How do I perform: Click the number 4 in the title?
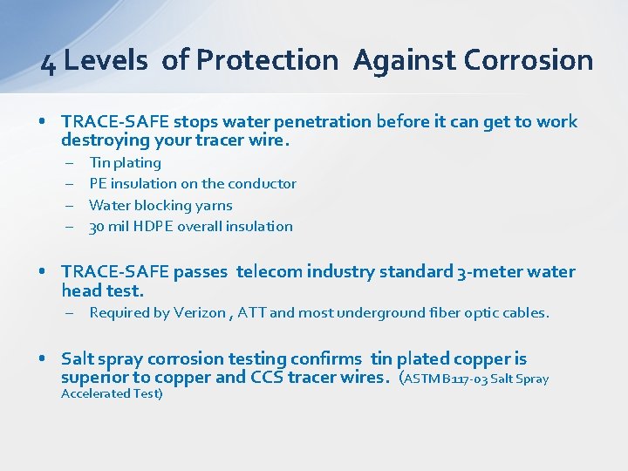[49, 62]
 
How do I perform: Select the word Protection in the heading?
[267, 60]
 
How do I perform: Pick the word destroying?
[106, 140]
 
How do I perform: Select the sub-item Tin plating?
[125, 162]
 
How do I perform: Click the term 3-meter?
[489, 271]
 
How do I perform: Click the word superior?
[91, 377]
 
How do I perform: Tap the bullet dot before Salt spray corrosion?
[43, 359]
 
